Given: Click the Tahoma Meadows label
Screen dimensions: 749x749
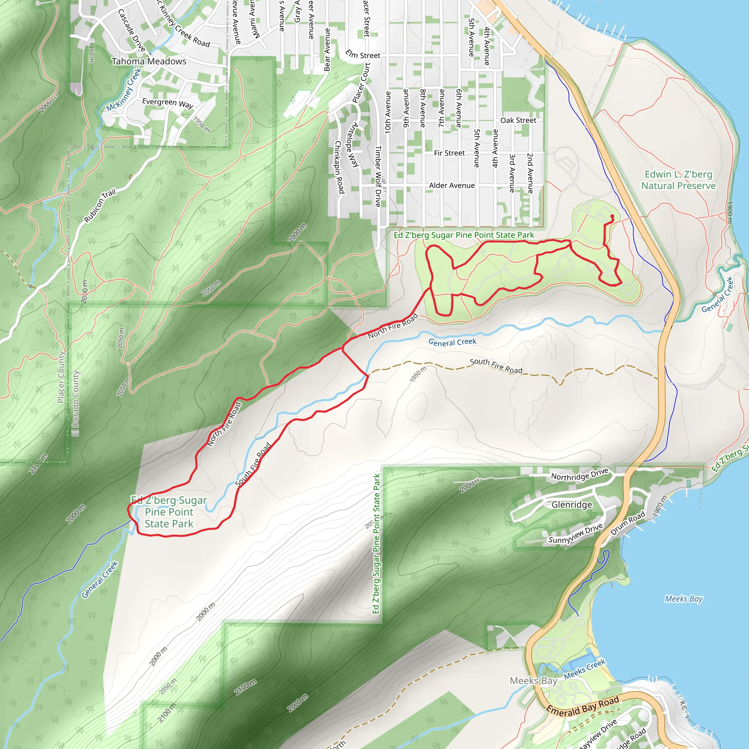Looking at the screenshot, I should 149,61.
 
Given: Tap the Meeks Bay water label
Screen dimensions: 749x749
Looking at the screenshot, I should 684,599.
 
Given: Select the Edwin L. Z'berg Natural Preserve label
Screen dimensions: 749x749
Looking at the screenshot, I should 678,180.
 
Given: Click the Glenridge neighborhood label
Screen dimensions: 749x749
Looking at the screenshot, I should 572,504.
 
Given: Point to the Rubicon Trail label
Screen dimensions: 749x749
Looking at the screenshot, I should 100,206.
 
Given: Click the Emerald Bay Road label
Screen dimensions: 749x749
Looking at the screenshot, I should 582,705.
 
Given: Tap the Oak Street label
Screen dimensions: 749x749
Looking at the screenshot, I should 518,120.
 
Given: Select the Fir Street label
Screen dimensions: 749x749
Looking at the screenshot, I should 449,153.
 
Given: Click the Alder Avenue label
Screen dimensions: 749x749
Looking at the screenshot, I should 452,185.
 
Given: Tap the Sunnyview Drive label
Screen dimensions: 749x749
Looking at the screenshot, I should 575,533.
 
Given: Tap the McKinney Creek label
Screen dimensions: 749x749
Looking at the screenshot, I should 124,90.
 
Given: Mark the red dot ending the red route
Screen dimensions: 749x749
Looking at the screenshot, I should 612,217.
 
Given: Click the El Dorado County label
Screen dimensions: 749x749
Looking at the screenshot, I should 76,403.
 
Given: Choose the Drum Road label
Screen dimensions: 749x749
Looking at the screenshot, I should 628,523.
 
